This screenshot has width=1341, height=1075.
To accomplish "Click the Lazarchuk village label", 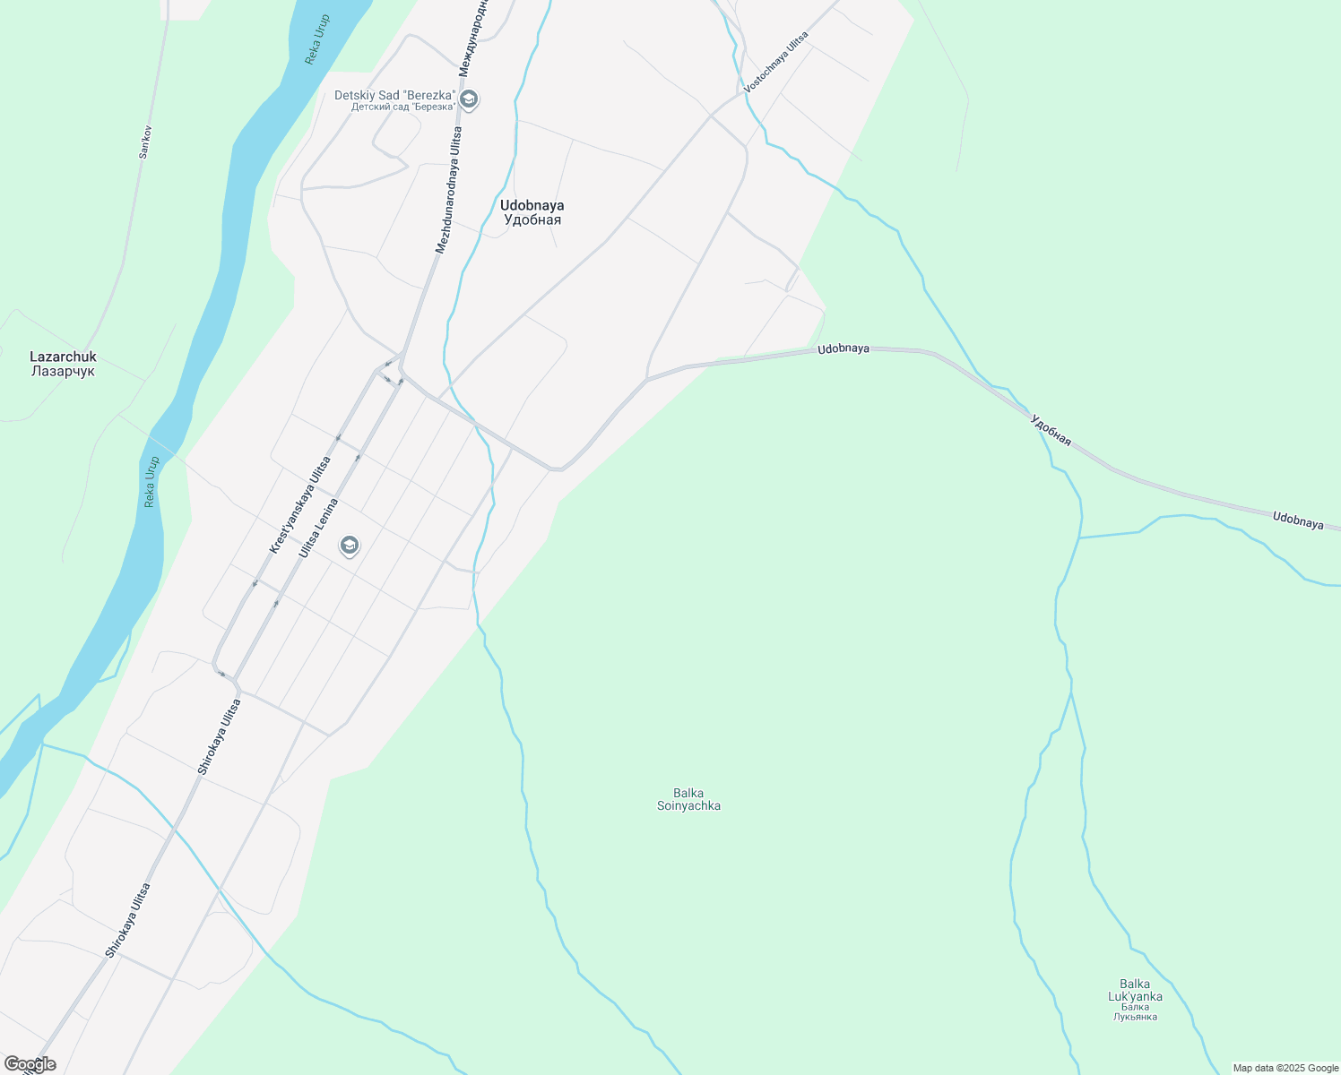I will [63, 357].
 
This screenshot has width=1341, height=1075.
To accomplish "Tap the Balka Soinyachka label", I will [688, 799].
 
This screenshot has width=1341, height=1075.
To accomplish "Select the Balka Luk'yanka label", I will [1135, 991].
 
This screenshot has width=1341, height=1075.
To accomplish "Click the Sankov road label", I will [145, 142].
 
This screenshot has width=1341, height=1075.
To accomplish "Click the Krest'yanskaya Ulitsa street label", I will [300, 504].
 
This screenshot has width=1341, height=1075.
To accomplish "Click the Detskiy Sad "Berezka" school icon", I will [469, 99].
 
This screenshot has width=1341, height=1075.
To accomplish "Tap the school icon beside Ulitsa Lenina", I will [350, 546].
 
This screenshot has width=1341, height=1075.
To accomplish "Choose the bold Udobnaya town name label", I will [532, 205].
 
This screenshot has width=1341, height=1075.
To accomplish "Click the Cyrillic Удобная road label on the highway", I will [1051, 430].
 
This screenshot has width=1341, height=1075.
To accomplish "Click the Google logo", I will [30, 1064].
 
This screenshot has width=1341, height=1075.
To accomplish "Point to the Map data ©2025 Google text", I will [1285, 1068].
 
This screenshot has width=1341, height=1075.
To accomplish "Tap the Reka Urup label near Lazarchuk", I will [151, 482].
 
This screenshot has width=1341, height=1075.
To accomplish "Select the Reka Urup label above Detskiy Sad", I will [317, 39].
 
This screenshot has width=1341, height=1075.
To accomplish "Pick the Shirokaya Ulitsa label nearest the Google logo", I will [127, 920].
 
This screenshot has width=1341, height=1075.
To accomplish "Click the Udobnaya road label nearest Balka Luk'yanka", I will [1297, 520].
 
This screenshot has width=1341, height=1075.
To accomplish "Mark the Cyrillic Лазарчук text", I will [63, 371].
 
